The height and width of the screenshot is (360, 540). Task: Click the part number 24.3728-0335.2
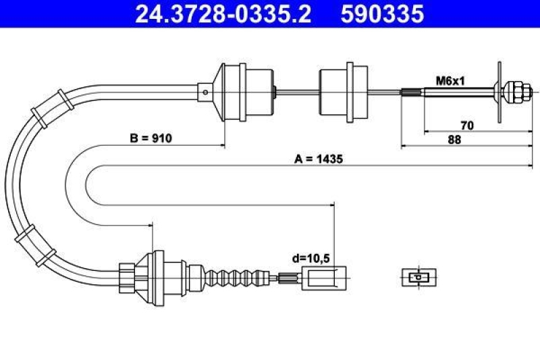(x=223, y=14)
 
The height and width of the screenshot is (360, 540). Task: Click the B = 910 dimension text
(x=151, y=138)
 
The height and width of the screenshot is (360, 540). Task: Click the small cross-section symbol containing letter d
(x=418, y=276)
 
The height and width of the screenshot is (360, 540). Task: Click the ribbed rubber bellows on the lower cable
(x=236, y=276)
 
